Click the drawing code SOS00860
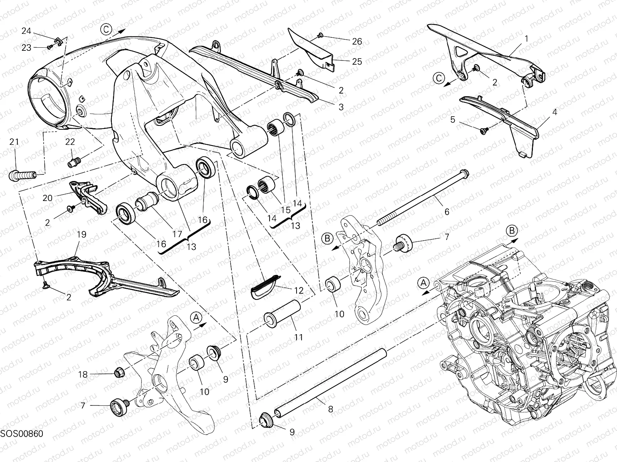[x=22, y=444]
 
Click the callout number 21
[x=14, y=142]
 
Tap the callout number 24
[x=26, y=31]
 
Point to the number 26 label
[x=357, y=41]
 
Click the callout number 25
[x=357, y=61]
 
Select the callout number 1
[x=527, y=38]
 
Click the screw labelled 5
[x=483, y=131]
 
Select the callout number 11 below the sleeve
[x=299, y=337]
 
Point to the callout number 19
[x=81, y=234]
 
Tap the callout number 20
[x=47, y=198]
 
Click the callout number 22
[x=70, y=142]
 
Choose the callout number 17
[x=177, y=234]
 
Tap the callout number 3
[x=341, y=107]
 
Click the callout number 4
[x=555, y=112]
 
